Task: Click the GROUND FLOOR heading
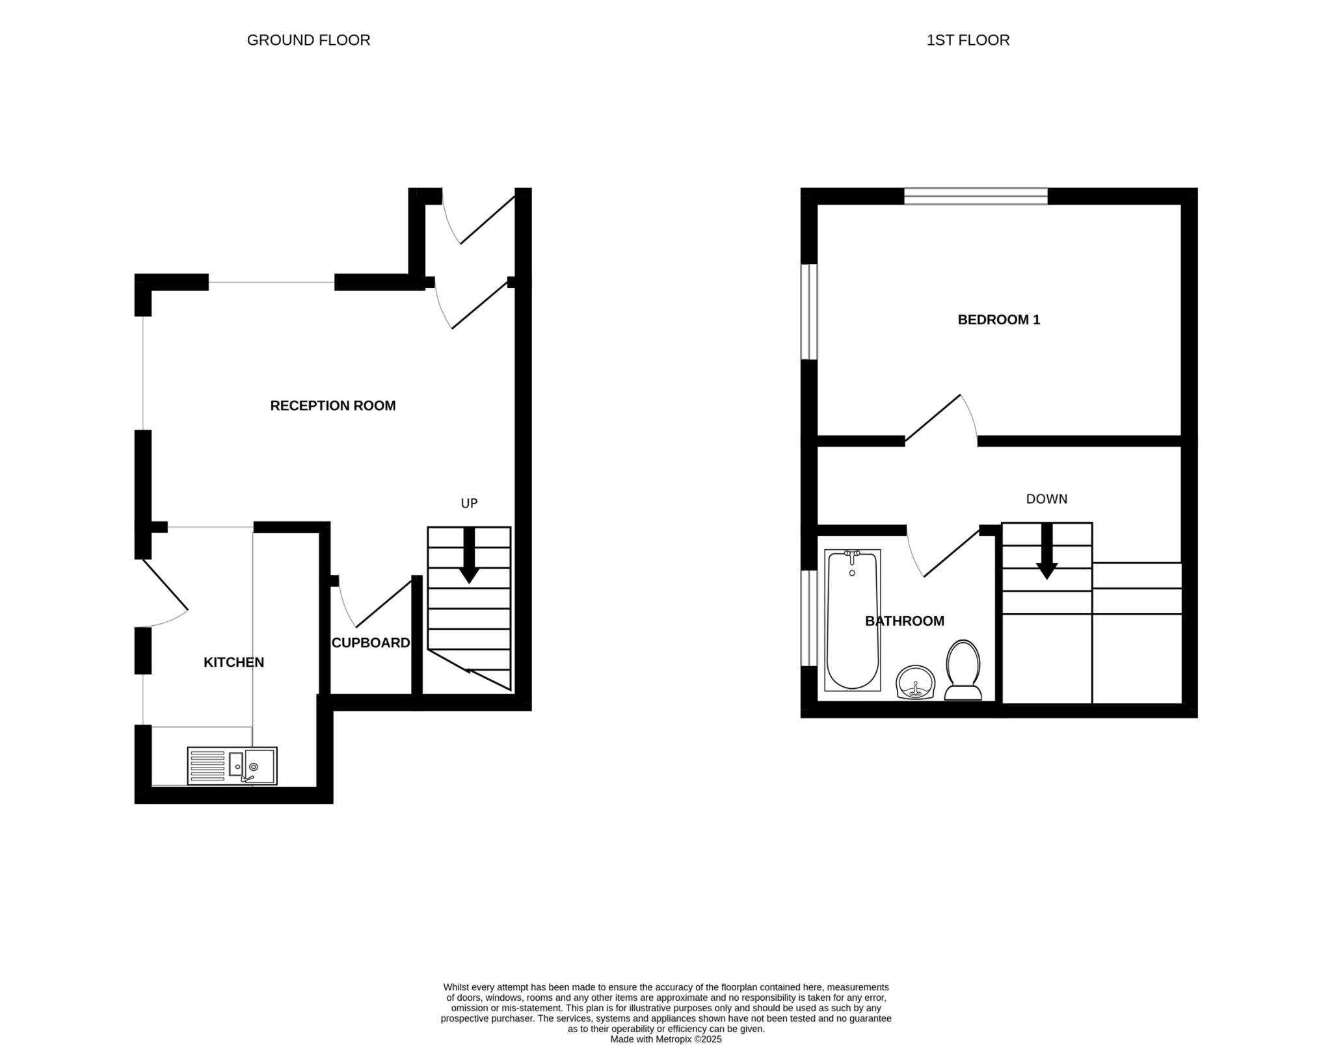click(x=308, y=40)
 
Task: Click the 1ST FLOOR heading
click(x=968, y=40)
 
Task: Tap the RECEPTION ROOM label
click(x=332, y=406)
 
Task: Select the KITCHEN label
click(x=233, y=662)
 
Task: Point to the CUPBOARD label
click(x=371, y=643)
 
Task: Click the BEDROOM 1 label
click(x=998, y=320)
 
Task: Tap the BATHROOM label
click(x=904, y=621)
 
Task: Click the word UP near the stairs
click(x=469, y=503)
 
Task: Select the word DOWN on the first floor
click(x=1046, y=499)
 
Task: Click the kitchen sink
click(x=232, y=766)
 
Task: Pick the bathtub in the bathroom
click(x=852, y=620)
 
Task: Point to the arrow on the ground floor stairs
click(x=469, y=556)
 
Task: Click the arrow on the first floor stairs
click(x=1046, y=552)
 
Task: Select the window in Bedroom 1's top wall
click(x=976, y=196)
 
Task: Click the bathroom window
click(x=808, y=618)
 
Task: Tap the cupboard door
click(x=384, y=603)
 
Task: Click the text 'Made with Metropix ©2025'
click(x=665, y=1039)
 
